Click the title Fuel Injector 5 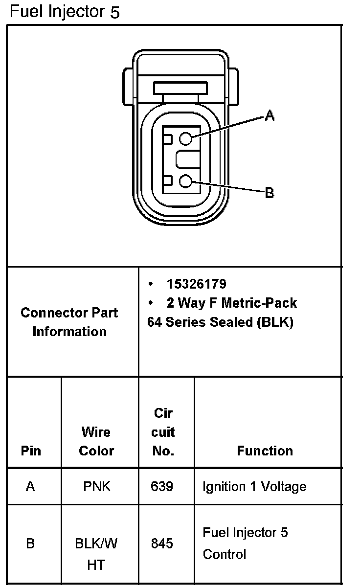pyautogui.click(x=65, y=11)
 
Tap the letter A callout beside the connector pyautogui.click(x=270, y=115)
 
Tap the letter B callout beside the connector pyautogui.click(x=270, y=193)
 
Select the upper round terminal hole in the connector pyautogui.click(x=185, y=139)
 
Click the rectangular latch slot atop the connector pyautogui.click(x=180, y=88)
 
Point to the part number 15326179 pyautogui.click(x=196, y=284)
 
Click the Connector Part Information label pyautogui.click(x=69, y=322)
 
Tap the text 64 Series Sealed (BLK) pyautogui.click(x=220, y=323)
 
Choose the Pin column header pyautogui.click(x=31, y=451)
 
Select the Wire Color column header pyautogui.click(x=96, y=441)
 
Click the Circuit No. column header pyautogui.click(x=163, y=432)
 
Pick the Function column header pyautogui.click(x=265, y=451)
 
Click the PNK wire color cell pyautogui.click(x=97, y=487)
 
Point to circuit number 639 pyautogui.click(x=162, y=487)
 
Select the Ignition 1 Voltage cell pyautogui.click(x=254, y=487)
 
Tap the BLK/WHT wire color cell pyautogui.click(x=96, y=554)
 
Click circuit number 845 pyautogui.click(x=162, y=543)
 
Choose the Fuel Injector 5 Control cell pyautogui.click(x=245, y=543)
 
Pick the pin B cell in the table pyautogui.click(x=30, y=543)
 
